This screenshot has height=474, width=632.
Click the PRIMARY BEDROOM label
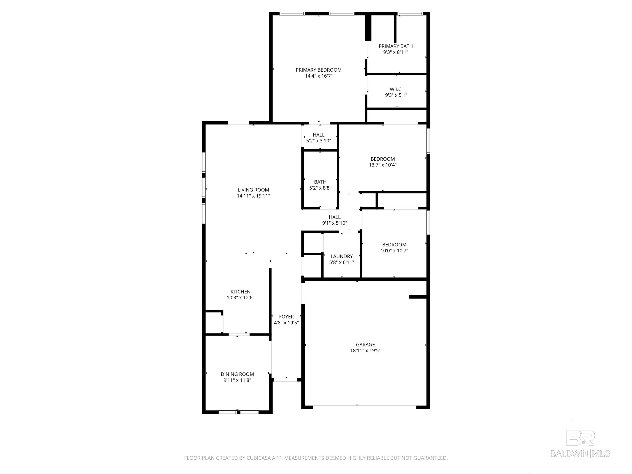point(318,70)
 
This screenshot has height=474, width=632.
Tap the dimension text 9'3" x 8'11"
point(395,52)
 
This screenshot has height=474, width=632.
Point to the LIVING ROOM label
point(253,190)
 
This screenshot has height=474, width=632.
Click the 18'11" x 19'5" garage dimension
point(365,351)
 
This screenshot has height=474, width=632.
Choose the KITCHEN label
point(240,292)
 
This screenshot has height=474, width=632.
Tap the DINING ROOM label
point(237,374)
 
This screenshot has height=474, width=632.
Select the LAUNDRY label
point(342,256)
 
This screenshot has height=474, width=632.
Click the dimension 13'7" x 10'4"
point(383,165)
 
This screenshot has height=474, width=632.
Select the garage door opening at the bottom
point(364,407)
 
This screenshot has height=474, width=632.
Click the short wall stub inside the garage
point(418,297)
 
